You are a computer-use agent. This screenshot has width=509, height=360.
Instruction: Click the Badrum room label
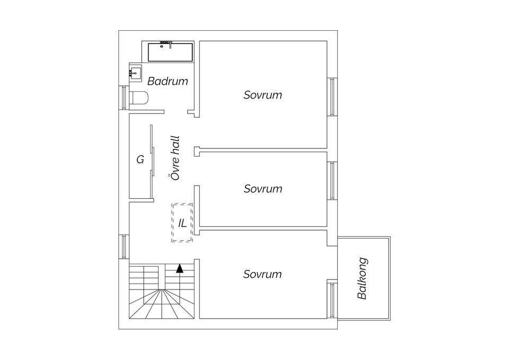(x=168, y=81)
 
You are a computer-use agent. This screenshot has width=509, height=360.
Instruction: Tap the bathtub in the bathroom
(x=170, y=52)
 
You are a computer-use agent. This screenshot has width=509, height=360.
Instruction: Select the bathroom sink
(x=135, y=73)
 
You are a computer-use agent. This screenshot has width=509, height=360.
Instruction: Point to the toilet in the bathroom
(x=139, y=98)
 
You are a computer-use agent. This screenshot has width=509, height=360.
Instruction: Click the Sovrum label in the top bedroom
(x=262, y=95)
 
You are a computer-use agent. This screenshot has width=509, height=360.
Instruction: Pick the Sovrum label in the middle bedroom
(x=263, y=189)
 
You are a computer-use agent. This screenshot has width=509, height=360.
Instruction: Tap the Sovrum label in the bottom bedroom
(x=262, y=274)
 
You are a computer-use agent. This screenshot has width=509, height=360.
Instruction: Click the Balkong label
(x=362, y=278)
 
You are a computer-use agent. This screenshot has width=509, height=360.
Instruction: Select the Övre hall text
(x=175, y=158)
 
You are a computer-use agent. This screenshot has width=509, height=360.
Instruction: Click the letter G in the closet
(x=140, y=160)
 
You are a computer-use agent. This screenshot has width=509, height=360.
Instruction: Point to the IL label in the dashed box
(x=182, y=223)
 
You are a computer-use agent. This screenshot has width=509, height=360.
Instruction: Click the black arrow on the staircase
(x=180, y=268)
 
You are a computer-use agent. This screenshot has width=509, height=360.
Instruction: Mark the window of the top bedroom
(x=332, y=96)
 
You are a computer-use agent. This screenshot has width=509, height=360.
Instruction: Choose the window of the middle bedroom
(x=332, y=180)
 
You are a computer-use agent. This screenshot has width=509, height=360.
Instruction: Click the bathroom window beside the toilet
(x=124, y=98)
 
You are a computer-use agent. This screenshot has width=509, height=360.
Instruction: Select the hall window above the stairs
(x=124, y=247)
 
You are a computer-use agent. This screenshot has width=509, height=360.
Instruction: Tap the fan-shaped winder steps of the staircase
(x=162, y=303)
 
